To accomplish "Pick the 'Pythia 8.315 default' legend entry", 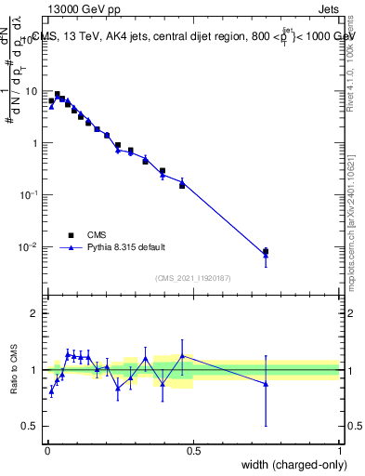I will pyautogui.click(x=126, y=247).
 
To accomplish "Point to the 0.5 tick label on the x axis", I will pyautogui.click(x=193, y=451).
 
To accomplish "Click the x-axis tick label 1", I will pyautogui.click(x=339, y=451).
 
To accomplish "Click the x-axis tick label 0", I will pyautogui.click(x=47, y=451).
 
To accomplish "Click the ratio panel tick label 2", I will pyautogui.click(x=34, y=313).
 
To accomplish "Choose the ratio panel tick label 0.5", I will pyautogui.click(x=31, y=426).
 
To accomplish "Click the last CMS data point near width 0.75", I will pyautogui.click(x=266, y=251).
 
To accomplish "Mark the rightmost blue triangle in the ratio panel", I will pyautogui.click(x=266, y=383).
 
